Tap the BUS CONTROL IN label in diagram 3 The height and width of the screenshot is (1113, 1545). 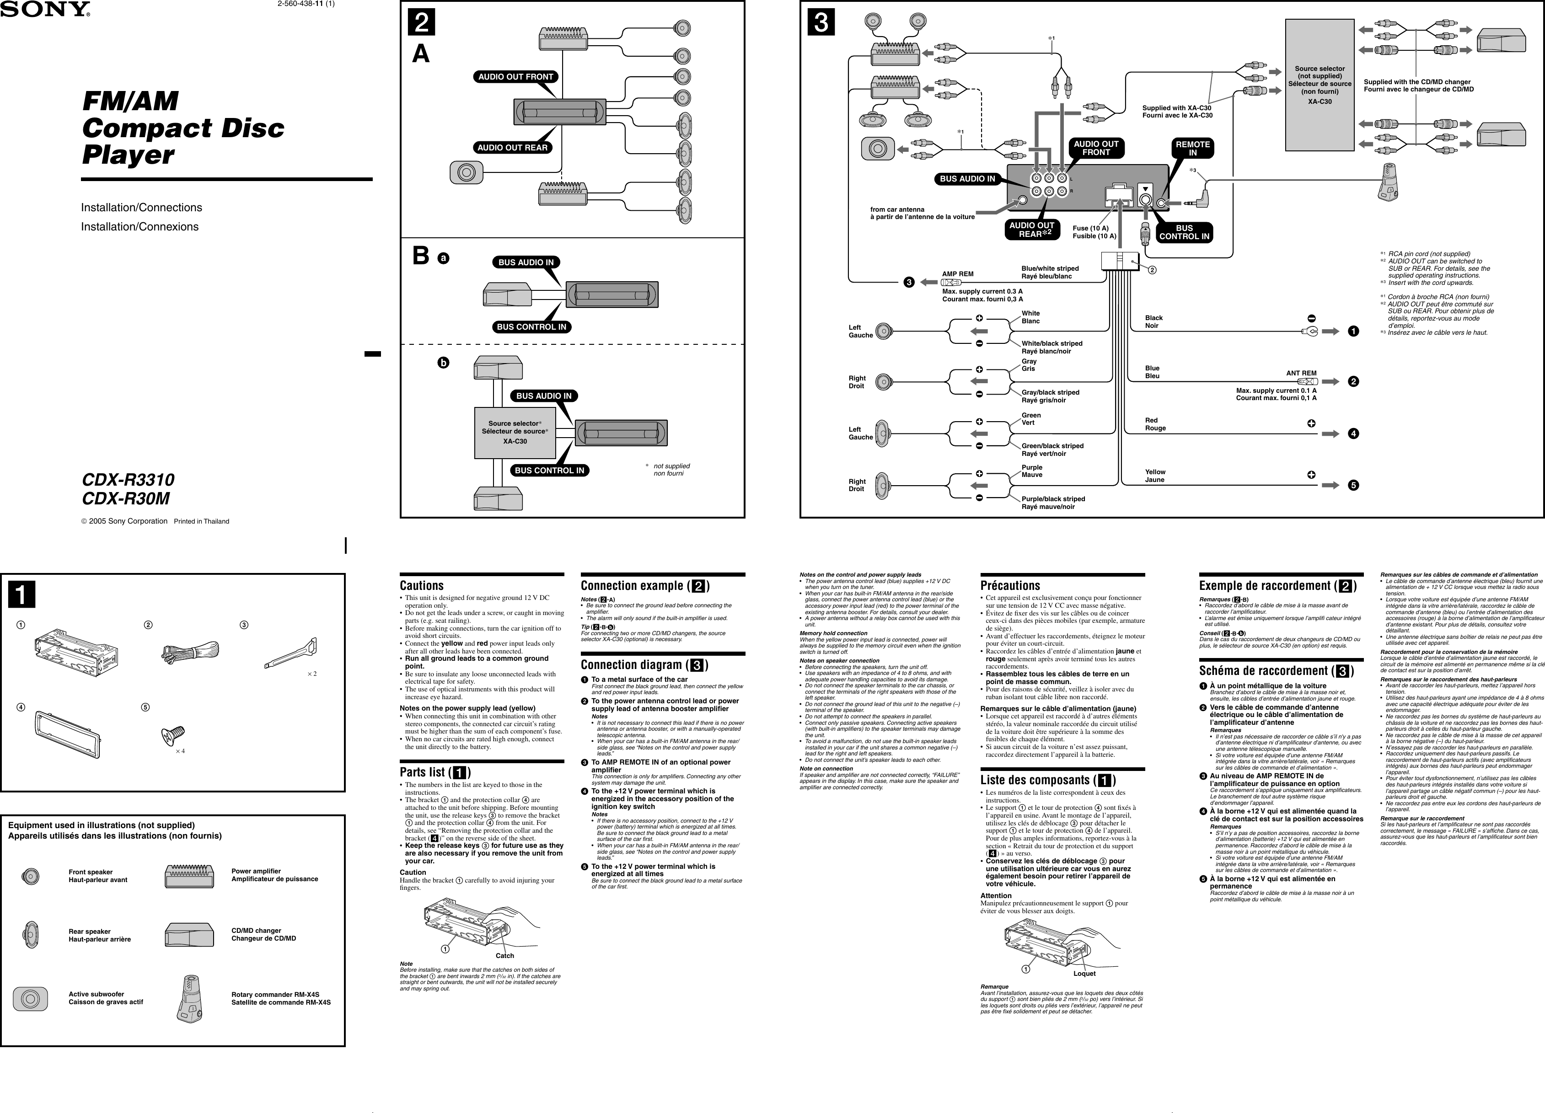coord(1184,232)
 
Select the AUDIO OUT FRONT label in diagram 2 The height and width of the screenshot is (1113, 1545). coord(515,77)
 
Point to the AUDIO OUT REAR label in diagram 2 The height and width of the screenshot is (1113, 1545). coord(512,148)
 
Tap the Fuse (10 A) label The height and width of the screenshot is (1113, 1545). coord(1090,228)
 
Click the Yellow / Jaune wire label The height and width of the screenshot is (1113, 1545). coord(1155,476)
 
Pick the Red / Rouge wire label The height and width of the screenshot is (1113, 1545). coord(1155,424)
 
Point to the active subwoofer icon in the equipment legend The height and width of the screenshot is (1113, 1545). coord(29,999)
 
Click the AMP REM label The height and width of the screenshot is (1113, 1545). coord(957,274)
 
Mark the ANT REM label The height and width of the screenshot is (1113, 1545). coord(1300,373)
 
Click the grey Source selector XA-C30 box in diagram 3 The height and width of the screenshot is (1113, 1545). coord(1319,85)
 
